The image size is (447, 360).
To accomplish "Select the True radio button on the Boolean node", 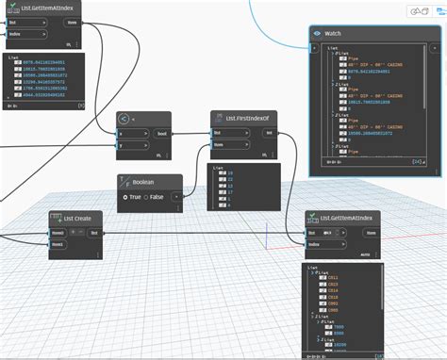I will click(x=125, y=197).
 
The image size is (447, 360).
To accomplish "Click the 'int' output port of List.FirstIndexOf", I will click(x=270, y=134).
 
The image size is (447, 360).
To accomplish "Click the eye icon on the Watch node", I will click(x=318, y=31).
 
